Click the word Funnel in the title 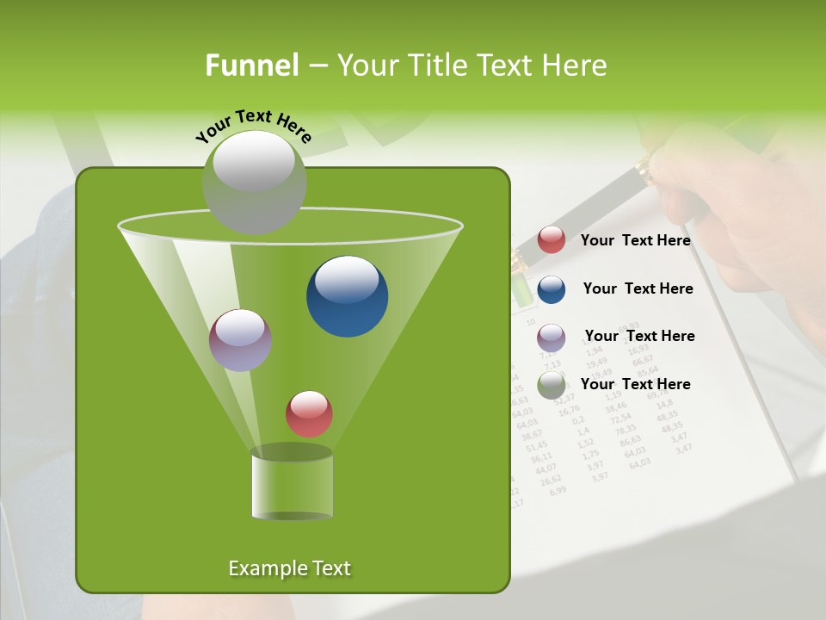click(x=251, y=65)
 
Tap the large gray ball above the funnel click(x=254, y=182)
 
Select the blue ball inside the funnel click(x=347, y=296)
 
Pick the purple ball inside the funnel click(x=240, y=340)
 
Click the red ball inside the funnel click(x=309, y=413)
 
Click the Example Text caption click(x=289, y=568)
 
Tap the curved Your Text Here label click(x=254, y=125)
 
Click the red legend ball click(x=552, y=240)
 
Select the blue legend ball click(x=552, y=289)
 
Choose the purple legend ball click(x=552, y=338)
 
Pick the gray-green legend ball click(x=552, y=385)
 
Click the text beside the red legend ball click(x=635, y=241)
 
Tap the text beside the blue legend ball click(x=638, y=288)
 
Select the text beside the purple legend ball click(x=639, y=336)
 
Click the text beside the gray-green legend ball click(x=635, y=384)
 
